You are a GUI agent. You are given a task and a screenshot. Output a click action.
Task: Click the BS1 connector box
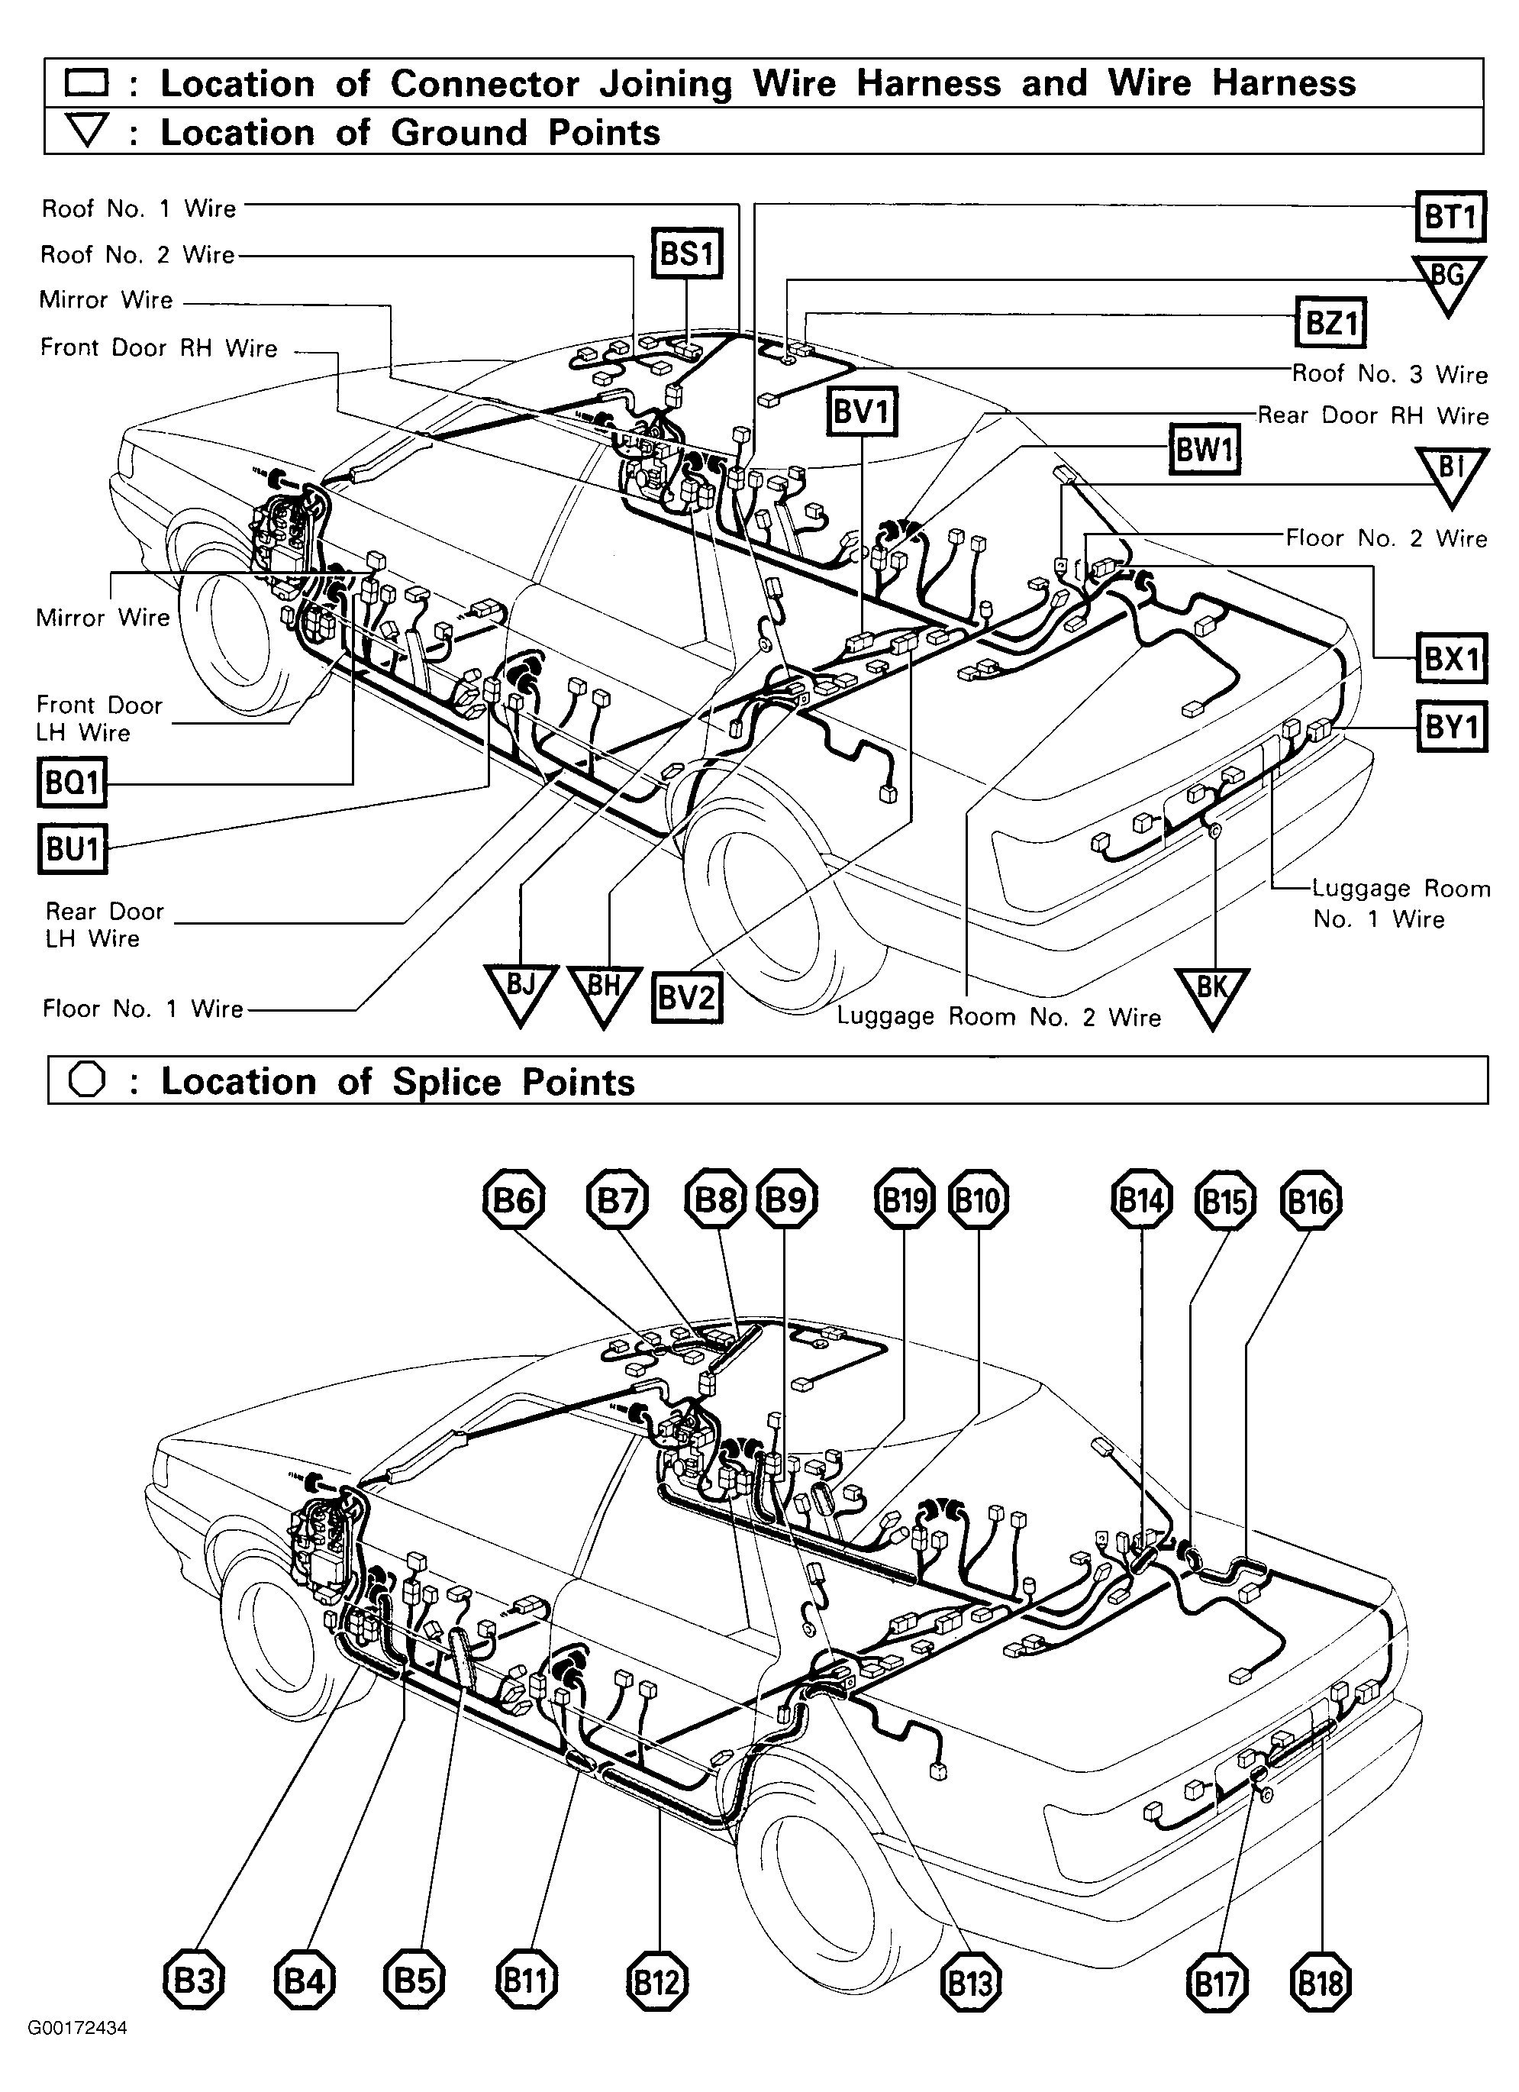pyautogui.click(x=686, y=253)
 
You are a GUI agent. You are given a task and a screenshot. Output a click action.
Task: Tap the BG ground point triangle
pyautogui.click(x=1448, y=280)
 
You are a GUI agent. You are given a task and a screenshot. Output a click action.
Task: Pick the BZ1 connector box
pyautogui.click(x=1330, y=322)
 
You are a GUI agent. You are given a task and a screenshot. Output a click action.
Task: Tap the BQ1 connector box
pyautogui.click(x=72, y=783)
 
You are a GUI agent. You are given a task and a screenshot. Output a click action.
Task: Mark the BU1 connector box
pyautogui.click(x=72, y=848)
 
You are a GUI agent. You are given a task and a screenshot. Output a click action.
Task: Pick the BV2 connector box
pyautogui.click(x=686, y=997)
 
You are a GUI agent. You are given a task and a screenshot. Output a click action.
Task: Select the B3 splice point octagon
pyautogui.click(x=194, y=1981)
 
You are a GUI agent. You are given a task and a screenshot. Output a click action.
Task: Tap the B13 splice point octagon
pyautogui.click(x=970, y=1982)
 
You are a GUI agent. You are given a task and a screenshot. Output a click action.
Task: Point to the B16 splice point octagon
pyautogui.click(x=1311, y=1202)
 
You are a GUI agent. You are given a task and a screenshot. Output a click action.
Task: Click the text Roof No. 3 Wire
pyautogui.click(x=1389, y=373)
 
